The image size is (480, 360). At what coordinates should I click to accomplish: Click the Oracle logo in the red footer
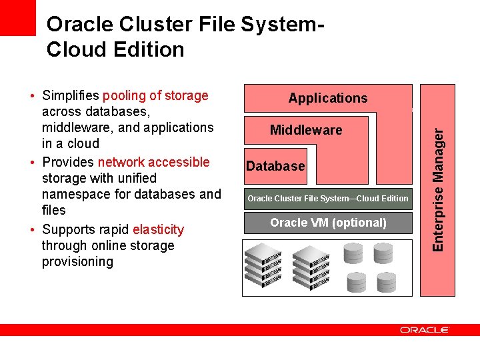pos(425,330)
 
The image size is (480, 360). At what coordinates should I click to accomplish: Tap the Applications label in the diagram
pos(327,98)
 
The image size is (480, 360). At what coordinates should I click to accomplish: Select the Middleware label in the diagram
pos(306,130)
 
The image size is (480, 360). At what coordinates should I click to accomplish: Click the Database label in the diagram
pos(275,166)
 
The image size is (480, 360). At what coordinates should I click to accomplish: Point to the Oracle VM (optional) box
pos(328,223)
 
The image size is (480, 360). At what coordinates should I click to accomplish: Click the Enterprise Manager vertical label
pos(438,189)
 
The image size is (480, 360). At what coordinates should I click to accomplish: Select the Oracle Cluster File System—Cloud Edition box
pos(328,198)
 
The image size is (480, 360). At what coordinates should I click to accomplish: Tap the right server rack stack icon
pos(311,267)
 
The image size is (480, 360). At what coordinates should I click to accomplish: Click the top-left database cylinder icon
pos(353,253)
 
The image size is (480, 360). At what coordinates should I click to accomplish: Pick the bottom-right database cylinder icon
pos(386,283)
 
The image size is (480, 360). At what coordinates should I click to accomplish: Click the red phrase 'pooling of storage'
pos(155,95)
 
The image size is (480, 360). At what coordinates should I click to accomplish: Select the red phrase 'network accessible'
pos(153,162)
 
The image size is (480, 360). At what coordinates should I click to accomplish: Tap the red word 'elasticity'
pos(158,229)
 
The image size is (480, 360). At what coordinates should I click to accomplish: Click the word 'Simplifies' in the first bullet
pos(70,95)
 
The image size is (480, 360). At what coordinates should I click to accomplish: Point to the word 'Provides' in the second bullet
pos(68,162)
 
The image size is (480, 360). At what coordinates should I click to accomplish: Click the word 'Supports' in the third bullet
pos(69,229)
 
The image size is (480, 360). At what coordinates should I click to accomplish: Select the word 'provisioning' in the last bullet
pos(77,261)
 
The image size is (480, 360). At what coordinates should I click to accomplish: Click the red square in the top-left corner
pos(17,17)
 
